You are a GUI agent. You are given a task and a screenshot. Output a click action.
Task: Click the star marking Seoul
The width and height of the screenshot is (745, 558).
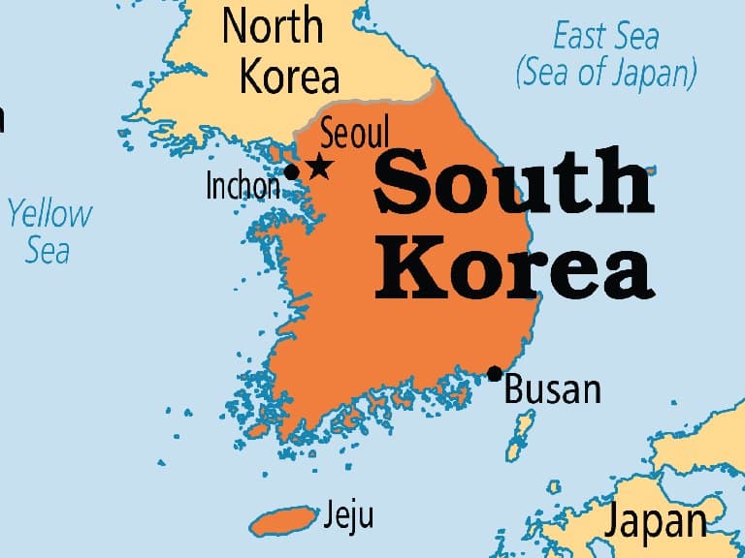coord(318,168)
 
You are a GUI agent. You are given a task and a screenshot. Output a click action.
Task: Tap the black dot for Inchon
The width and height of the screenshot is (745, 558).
coord(291,172)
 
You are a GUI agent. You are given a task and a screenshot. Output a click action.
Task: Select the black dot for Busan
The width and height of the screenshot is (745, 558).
coord(495,374)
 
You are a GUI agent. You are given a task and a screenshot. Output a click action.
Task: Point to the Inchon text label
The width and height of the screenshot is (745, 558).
coord(243,185)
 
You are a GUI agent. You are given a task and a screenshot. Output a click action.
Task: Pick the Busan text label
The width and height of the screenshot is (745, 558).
coord(553,389)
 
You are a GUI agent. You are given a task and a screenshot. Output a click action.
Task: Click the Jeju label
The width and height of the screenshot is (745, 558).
coord(349,514)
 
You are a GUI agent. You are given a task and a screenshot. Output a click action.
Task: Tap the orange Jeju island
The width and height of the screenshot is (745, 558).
coord(283,520)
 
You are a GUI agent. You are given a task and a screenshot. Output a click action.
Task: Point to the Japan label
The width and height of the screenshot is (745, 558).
coord(657,522)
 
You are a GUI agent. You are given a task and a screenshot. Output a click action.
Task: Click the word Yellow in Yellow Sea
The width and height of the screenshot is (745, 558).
coord(50,214)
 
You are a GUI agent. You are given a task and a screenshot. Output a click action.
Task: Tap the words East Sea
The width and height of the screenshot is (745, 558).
coord(606,38)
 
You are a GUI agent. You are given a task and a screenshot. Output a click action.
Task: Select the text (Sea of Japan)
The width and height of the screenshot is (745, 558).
coord(606,73)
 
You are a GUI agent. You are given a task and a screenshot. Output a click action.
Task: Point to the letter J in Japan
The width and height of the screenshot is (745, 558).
coord(614,524)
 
